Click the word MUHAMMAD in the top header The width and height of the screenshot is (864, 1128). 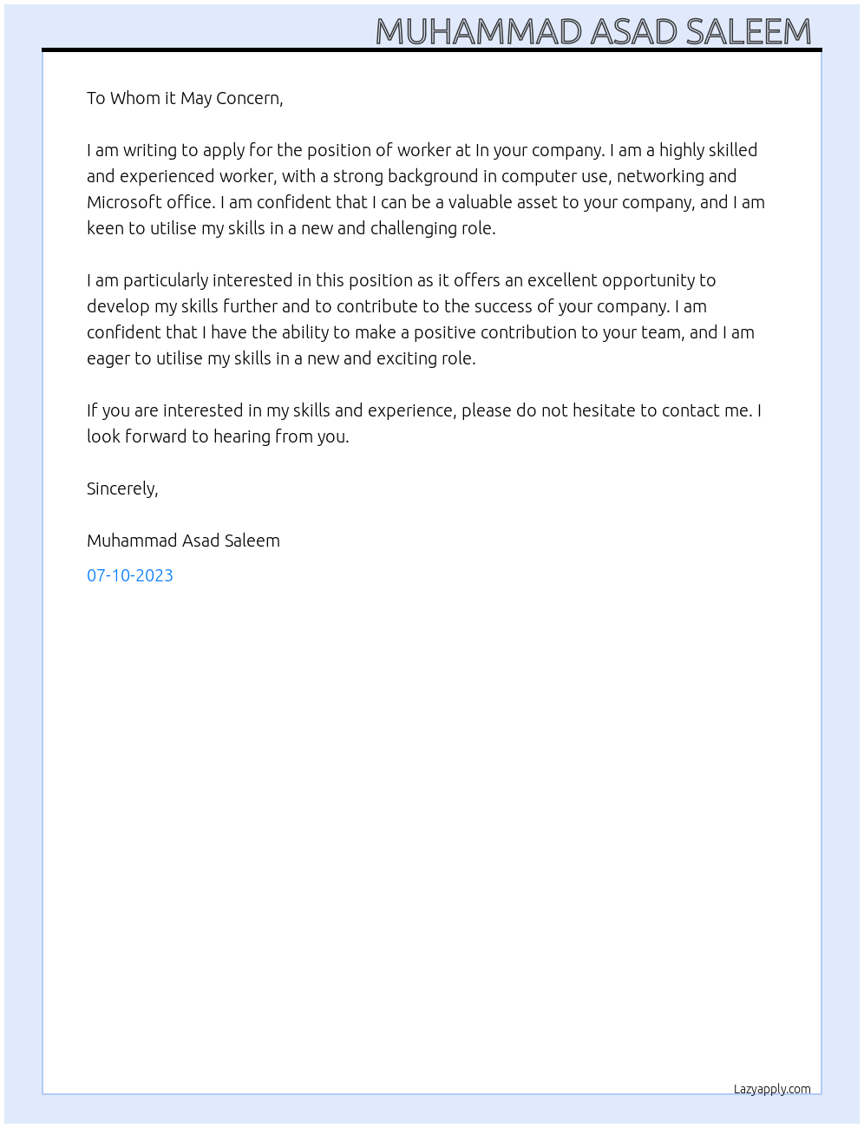pyautogui.click(x=478, y=32)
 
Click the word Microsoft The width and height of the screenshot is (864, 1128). pyautogui.click(x=125, y=202)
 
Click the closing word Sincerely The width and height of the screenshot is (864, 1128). pyautogui.click(x=121, y=489)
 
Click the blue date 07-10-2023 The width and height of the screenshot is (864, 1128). pyautogui.click(x=130, y=575)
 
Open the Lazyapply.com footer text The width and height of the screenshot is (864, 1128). pyautogui.click(x=772, y=1089)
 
